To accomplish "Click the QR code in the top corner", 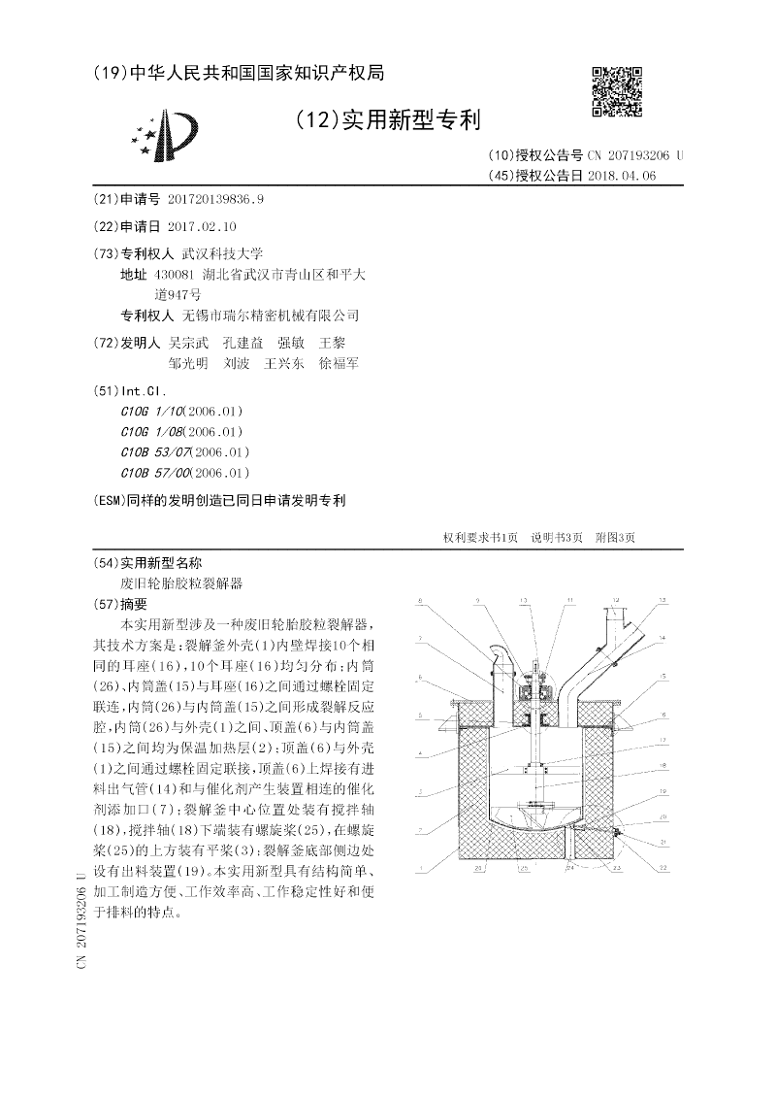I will [x=616, y=91].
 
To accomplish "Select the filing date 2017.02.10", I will [x=202, y=225].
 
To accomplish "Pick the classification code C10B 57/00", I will [x=152, y=473].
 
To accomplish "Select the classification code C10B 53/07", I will [x=152, y=452].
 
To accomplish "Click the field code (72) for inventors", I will [x=106, y=343].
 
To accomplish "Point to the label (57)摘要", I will [x=125, y=604].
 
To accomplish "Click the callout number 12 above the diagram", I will [x=663, y=601].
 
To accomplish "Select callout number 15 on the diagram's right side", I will [x=663, y=676].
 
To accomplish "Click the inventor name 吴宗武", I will [x=189, y=343].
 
